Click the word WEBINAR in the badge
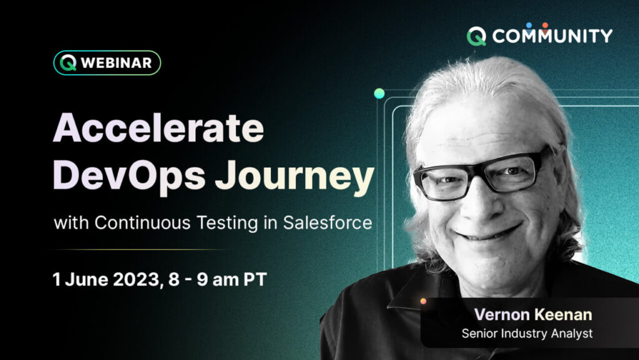coord(116,63)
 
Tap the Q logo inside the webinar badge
coord(68,63)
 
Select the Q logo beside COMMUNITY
coord(477,36)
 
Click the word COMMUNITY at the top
coord(552,36)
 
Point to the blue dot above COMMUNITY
coord(529,26)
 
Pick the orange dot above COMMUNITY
coord(545,26)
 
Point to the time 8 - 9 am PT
coord(218,280)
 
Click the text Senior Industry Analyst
coord(527,334)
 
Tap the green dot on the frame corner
coord(379,94)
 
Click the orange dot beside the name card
coord(423,301)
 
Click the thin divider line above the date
coord(137,250)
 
